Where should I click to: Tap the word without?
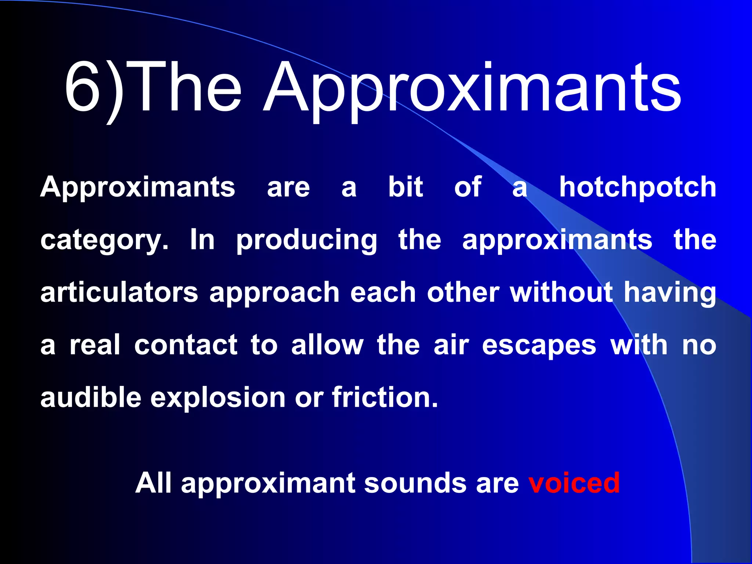click(x=561, y=293)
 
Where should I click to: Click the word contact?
click(x=186, y=345)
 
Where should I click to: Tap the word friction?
click(x=385, y=398)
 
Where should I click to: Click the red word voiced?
click(x=574, y=483)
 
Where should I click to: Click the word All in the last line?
click(x=154, y=483)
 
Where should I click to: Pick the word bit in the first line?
click(x=406, y=187)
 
